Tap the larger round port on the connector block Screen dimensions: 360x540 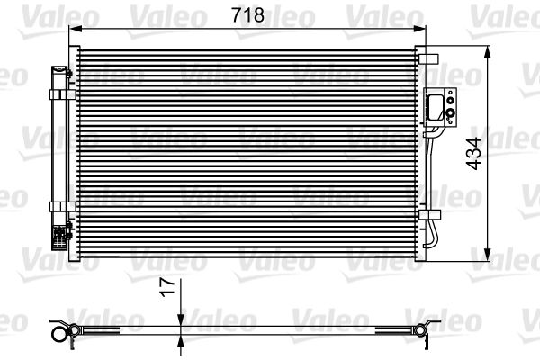(448, 114)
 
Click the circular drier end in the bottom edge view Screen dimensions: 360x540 (62, 334)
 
